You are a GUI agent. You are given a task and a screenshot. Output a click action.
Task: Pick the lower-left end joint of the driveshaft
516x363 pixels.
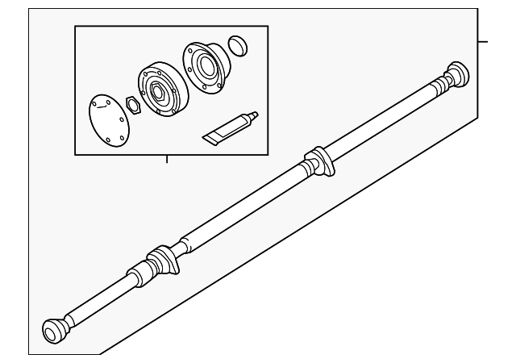55,331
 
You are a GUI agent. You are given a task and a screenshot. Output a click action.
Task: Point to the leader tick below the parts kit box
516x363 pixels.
167,158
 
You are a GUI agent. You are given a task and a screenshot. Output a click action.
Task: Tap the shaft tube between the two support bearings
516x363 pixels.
242,206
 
